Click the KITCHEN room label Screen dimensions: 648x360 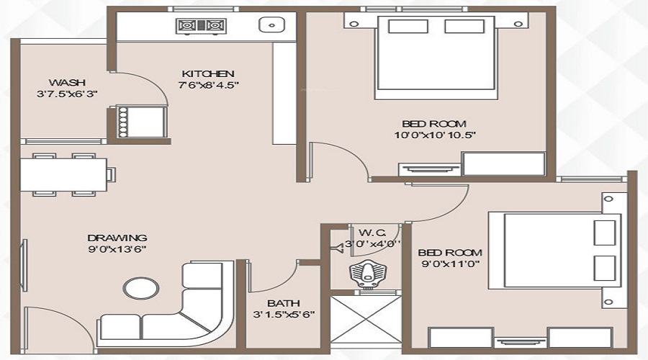[208, 74]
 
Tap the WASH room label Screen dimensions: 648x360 [67, 83]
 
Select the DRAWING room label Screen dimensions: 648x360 [117, 238]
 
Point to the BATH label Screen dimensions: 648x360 [284, 303]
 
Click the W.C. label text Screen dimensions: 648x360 [372, 232]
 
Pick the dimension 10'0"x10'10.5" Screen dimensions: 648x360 [435, 135]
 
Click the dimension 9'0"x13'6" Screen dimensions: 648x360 [117, 249]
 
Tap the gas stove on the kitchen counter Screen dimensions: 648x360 [202, 26]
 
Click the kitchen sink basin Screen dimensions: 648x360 [271, 24]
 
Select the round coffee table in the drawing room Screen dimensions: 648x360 [141, 288]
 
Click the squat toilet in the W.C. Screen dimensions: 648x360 [367, 273]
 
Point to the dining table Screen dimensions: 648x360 [63, 175]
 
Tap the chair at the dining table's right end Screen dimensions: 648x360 [111, 174]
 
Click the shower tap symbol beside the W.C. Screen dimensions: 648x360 [338, 248]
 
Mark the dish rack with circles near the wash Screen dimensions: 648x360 [122, 122]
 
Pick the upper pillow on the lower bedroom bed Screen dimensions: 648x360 [605, 233]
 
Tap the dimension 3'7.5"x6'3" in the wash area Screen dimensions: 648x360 [67, 94]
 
